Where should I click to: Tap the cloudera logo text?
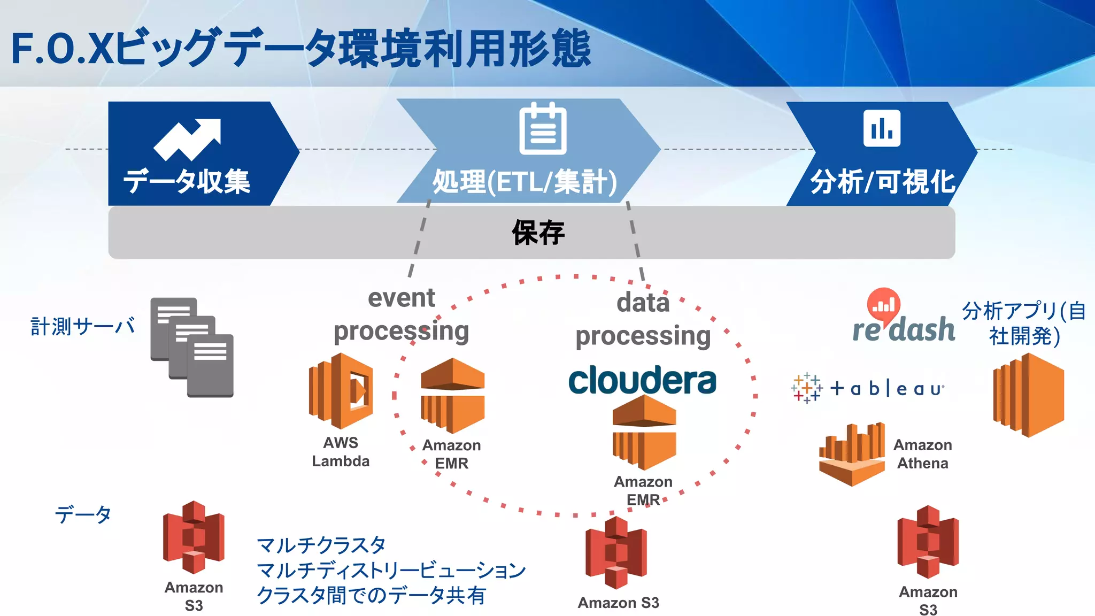(x=642, y=380)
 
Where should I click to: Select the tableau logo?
(x=867, y=388)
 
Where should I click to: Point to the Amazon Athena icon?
(x=852, y=454)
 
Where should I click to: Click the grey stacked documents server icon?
(x=192, y=347)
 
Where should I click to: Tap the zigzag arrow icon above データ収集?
(x=187, y=139)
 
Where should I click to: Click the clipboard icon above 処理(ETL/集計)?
(x=543, y=129)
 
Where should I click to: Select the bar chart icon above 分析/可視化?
(x=882, y=128)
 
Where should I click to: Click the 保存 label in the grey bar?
(x=538, y=233)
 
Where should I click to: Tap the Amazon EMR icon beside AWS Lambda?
(x=452, y=396)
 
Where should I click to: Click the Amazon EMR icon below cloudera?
(x=644, y=432)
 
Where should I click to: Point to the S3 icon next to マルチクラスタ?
(x=194, y=537)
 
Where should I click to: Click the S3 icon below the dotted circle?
(x=616, y=552)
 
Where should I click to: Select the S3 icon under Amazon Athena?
(x=928, y=542)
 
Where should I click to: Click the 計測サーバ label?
(x=83, y=326)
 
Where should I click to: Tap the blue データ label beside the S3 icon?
(x=83, y=514)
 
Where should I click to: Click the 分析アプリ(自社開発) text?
(x=1023, y=324)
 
